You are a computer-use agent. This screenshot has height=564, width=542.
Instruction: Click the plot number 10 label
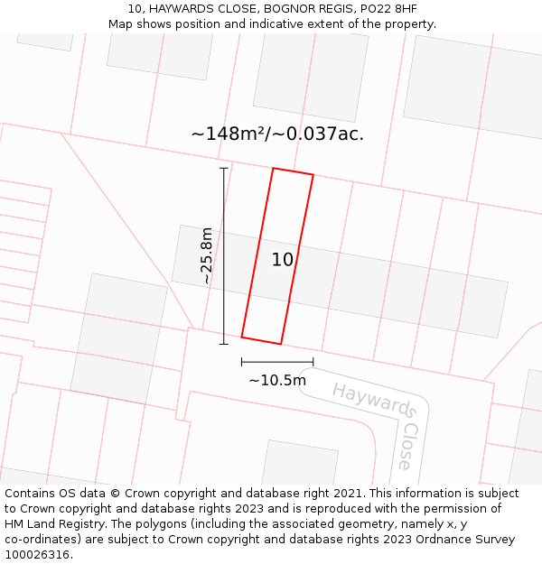click(283, 260)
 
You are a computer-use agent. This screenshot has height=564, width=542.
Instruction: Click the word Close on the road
click(408, 447)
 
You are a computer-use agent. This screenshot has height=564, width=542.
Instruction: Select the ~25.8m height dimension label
click(207, 255)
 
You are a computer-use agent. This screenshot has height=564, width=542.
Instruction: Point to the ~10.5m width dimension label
click(277, 380)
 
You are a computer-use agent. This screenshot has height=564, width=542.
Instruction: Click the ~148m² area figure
click(227, 134)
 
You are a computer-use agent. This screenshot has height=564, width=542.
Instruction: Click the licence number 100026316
click(39, 555)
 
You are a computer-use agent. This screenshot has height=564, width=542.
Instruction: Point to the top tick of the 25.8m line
click(224, 168)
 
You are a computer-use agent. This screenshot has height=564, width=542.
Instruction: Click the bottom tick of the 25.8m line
click(224, 344)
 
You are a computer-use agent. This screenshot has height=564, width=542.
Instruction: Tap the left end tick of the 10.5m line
click(241, 362)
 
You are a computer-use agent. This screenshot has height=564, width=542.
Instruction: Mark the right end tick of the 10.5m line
click(313, 362)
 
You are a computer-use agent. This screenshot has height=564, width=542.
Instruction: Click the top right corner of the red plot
click(313, 175)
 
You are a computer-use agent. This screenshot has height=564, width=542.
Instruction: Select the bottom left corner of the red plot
click(241, 337)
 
